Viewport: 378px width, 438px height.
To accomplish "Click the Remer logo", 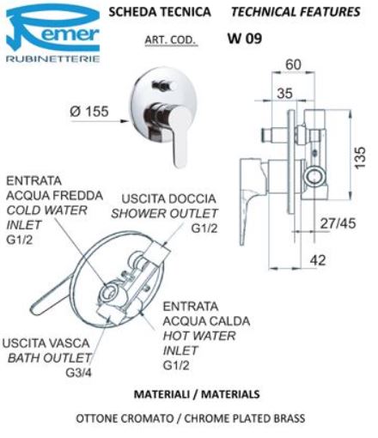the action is [x=53, y=33].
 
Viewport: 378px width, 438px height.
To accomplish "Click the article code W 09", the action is [x=245, y=39].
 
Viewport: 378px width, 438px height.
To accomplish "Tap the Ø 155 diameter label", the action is [x=89, y=111].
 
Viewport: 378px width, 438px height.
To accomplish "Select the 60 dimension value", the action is [x=293, y=64].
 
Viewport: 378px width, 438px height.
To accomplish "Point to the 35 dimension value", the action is [x=284, y=93].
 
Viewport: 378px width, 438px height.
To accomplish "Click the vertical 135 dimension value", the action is [x=360, y=157].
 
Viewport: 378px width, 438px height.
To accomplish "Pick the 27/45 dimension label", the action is [x=338, y=223].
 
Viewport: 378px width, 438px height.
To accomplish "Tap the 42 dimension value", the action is [x=318, y=260].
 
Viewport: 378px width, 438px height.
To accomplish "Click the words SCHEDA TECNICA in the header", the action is [x=160, y=12].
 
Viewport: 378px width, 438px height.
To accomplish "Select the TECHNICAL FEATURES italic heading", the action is [x=296, y=12].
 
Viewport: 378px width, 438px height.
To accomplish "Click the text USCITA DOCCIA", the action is [x=168, y=199].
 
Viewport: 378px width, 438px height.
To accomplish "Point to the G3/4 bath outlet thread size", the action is [x=78, y=373].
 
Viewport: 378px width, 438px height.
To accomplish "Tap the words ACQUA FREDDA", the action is [x=54, y=196].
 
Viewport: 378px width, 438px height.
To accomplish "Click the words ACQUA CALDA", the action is [x=206, y=321].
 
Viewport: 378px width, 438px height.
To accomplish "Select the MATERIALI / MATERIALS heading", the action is [x=197, y=394].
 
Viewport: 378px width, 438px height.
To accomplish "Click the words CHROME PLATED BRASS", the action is [x=244, y=418].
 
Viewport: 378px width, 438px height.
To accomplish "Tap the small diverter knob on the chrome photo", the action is [x=162, y=85].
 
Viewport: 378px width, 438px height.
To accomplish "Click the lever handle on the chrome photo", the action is [x=178, y=135].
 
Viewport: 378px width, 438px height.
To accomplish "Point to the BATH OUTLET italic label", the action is [x=49, y=358].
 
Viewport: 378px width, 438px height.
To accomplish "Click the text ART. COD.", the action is [x=171, y=40].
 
